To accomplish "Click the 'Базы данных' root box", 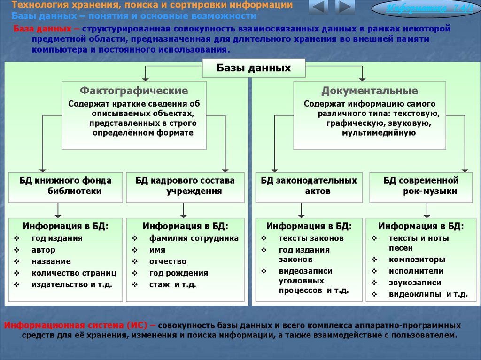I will [x=254, y=68].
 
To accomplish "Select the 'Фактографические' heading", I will [x=134, y=91].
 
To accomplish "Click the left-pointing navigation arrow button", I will [x=318, y=8].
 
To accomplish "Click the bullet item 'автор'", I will [x=44, y=250].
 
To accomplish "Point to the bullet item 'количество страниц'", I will [x=74, y=273].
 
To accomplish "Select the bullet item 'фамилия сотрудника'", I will [x=194, y=238].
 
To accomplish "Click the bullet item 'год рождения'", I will [x=178, y=273].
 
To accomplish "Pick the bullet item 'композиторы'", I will [x=417, y=260].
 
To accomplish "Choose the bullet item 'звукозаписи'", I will [x=415, y=283].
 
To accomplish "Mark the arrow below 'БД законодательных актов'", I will [x=301, y=210].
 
